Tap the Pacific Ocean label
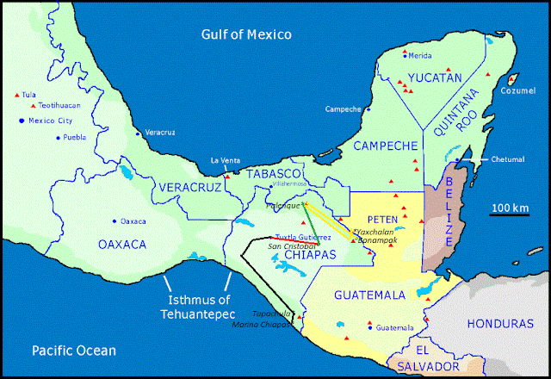click(74, 351)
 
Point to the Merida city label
click(419, 55)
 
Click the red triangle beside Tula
click(16, 95)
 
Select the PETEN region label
click(381, 220)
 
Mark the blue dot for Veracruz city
click(139, 134)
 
